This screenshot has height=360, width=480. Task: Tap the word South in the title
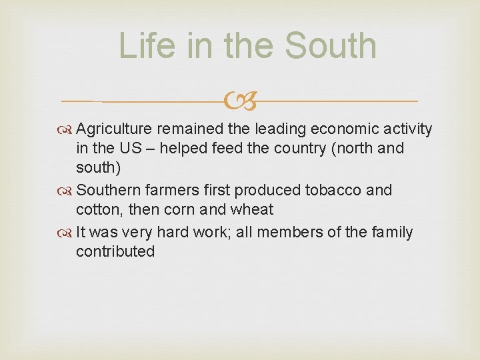330,46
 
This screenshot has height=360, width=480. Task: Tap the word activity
407,129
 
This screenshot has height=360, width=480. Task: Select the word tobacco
332,190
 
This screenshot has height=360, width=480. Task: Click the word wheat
252,209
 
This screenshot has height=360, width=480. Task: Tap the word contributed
115,251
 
